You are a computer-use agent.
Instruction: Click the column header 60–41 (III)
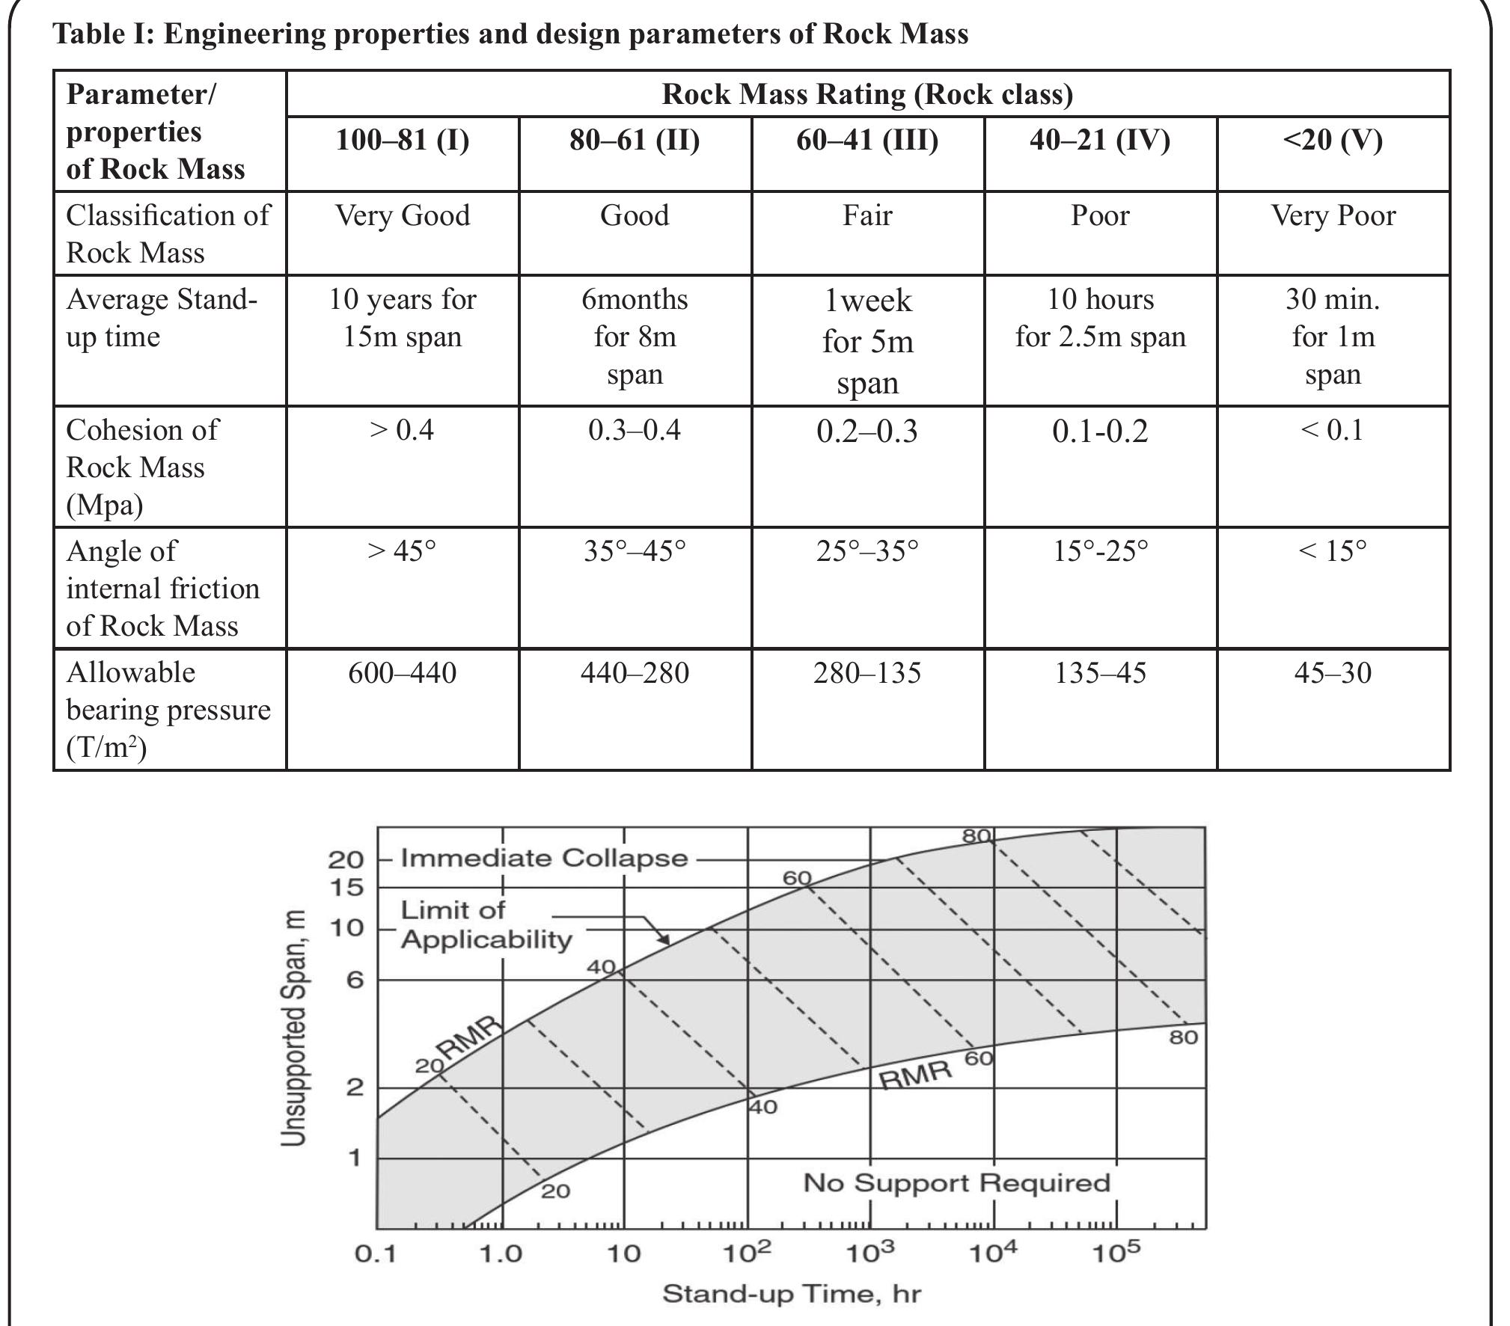[x=866, y=141]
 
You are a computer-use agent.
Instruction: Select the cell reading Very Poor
[x=1333, y=216]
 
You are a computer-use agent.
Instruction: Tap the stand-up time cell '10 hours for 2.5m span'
[x=1100, y=319]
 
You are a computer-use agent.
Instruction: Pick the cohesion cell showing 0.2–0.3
[x=866, y=432]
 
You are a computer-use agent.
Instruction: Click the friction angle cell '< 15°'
[x=1332, y=552]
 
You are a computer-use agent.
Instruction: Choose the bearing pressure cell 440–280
[x=635, y=673]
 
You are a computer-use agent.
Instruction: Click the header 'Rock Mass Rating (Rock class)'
[x=867, y=94]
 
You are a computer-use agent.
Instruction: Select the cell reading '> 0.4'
[x=402, y=431]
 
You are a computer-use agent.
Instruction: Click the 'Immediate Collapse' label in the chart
[x=544, y=857]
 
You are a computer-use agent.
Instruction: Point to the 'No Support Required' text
[x=956, y=1182]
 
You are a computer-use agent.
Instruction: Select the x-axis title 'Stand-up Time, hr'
[x=791, y=1293]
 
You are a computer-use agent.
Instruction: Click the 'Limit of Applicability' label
[x=486, y=924]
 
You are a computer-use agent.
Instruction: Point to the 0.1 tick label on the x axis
[x=376, y=1253]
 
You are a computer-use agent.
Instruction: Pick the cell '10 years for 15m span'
[x=402, y=319]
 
